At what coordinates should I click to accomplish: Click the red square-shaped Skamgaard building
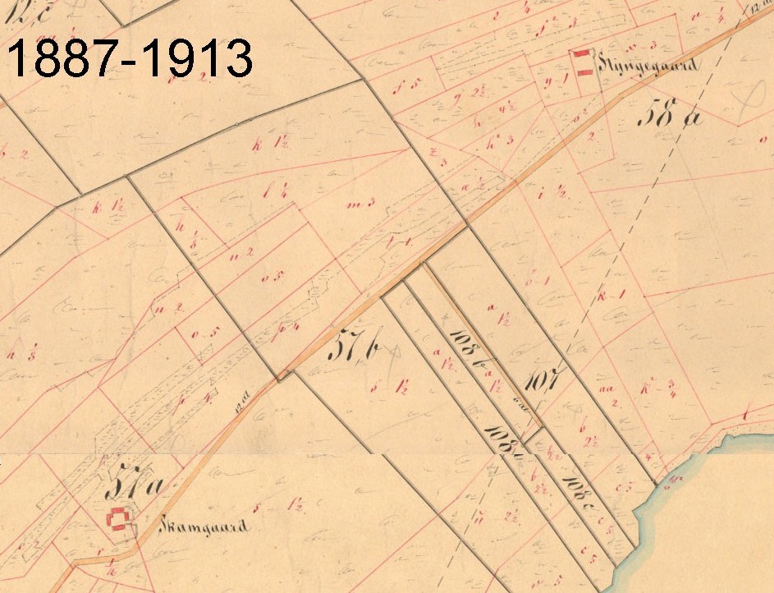point(120,519)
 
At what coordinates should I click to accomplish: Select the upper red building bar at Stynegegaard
point(582,54)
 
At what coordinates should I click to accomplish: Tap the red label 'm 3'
point(359,203)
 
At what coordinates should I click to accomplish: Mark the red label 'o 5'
point(268,276)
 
